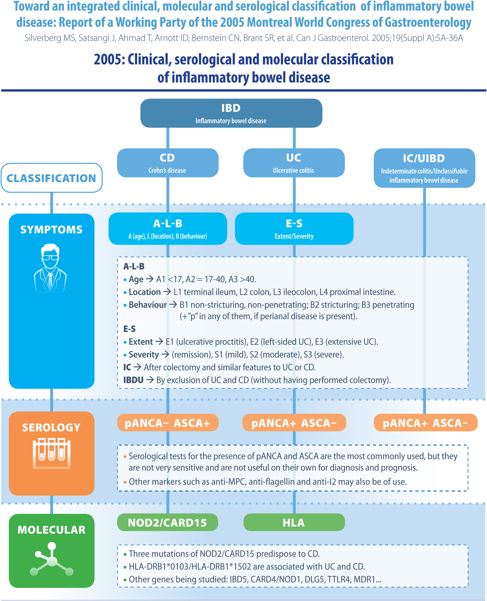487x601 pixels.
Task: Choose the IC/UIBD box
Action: click(424, 168)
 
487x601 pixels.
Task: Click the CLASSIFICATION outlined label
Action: click(51, 178)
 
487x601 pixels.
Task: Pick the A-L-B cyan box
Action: click(167, 228)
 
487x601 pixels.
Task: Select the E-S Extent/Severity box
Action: click(294, 228)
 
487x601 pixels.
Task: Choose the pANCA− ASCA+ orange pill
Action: click(167, 423)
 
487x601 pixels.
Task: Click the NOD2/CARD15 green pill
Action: click(167, 522)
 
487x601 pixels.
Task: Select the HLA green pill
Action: click(294, 522)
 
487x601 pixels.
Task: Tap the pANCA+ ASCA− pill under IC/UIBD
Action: click(425, 423)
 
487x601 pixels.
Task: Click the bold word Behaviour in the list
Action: click(148, 305)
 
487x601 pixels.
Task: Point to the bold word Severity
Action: click(144, 354)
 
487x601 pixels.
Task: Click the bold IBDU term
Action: click(133, 380)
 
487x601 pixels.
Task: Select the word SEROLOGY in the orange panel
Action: click(51, 427)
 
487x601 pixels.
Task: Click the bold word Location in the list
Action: click(144, 292)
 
